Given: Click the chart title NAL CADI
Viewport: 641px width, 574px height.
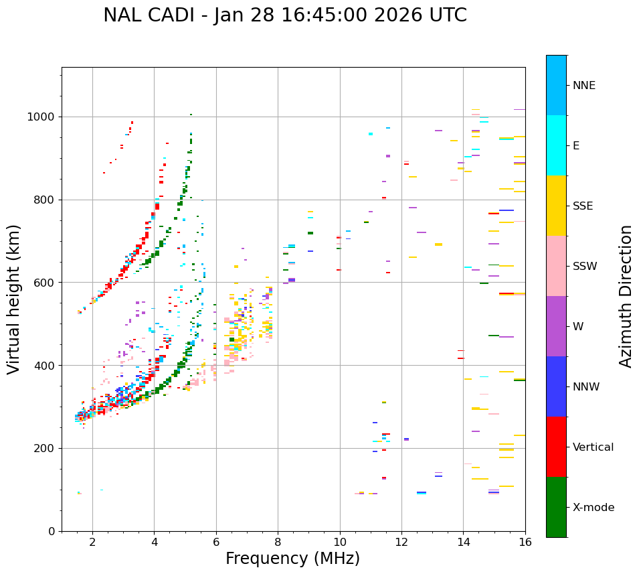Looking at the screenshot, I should (x=285, y=15).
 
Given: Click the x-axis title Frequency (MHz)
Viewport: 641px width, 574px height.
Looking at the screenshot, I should (x=292, y=559).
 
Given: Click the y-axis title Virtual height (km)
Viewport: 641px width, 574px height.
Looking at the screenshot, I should (x=14, y=299).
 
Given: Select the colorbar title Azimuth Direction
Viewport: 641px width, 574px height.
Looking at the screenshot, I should (x=626, y=296).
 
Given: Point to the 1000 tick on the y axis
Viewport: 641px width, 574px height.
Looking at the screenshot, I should (x=43, y=117).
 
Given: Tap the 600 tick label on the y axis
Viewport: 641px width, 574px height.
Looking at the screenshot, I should (x=47, y=283).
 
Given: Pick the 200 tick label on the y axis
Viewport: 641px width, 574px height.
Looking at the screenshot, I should (x=47, y=448).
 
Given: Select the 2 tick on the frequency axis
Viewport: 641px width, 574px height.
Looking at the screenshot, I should (x=92, y=541).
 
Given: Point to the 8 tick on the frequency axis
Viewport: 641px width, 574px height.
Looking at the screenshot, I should (x=278, y=541).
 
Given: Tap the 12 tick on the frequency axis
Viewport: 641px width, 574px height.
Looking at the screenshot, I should (x=401, y=541).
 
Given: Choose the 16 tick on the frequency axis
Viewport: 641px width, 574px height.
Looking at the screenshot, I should (x=525, y=541).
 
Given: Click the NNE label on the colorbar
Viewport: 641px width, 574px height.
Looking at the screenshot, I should (x=584, y=86).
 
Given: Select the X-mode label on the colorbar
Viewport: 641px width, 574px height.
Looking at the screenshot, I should (x=593, y=508).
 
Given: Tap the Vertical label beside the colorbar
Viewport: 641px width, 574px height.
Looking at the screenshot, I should (x=593, y=447).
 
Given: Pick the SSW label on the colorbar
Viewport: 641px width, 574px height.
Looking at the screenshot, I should (x=585, y=267).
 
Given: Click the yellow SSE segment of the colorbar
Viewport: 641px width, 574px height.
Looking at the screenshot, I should (x=556, y=206).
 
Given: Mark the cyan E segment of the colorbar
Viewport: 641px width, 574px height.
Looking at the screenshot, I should (x=556, y=145).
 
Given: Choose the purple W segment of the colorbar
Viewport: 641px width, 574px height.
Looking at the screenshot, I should (x=556, y=326).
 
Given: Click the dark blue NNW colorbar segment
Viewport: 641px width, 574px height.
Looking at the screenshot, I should (x=556, y=386).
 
